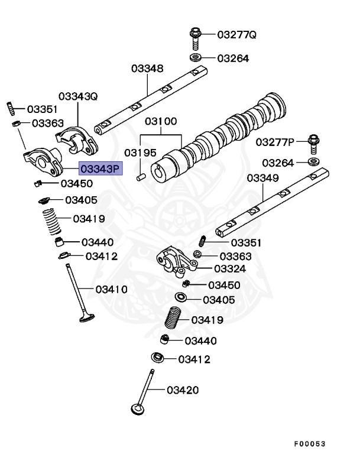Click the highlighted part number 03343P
tap(100, 169)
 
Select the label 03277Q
tap(236, 35)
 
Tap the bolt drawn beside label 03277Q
tap(195, 38)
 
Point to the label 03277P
tap(275, 142)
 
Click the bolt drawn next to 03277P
tap(313, 142)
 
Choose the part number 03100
tap(161, 122)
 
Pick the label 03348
tap(147, 69)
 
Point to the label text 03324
tap(231, 269)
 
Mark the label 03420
tap(182, 390)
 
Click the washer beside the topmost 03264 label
tap(195, 58)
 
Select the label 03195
tap(140, 153)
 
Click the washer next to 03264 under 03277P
tap(313, 161)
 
